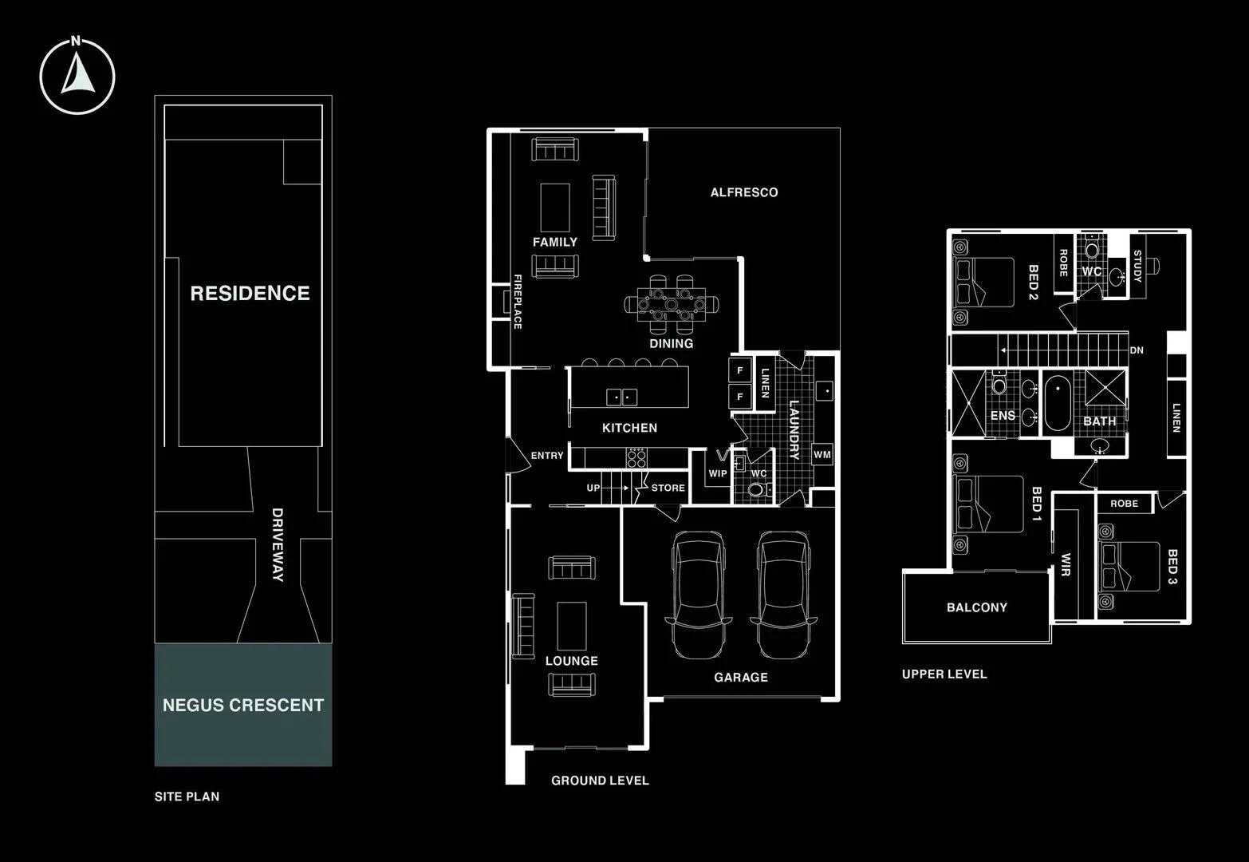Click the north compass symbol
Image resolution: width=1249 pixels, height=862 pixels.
(x=77, y=77)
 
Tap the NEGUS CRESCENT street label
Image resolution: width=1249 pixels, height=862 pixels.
(x=243, y=706)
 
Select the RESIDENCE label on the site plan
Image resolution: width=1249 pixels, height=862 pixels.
(x=250, y=294)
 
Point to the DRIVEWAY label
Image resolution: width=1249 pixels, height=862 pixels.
(x=278, y=544)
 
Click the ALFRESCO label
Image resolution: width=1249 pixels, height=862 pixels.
(x=744, y=192)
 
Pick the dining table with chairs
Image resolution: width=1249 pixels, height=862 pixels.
(x=672, y=304)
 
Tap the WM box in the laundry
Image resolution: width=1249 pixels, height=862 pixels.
(x=822, y=455)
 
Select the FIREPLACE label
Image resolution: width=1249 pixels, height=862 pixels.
(x=518, y=302)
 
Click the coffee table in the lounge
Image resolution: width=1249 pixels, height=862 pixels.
(x=571, y=625)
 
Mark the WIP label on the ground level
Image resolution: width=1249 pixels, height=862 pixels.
(x=718, y=473)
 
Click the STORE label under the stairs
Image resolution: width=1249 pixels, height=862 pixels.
(x=668, y=488)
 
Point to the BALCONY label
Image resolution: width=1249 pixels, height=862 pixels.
(x=977, y=607)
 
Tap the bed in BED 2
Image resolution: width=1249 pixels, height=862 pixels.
(x=984, y=282)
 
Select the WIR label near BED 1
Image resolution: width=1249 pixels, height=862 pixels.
(x=1066, y=564)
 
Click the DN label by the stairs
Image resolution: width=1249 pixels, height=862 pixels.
(x=1137, y=350)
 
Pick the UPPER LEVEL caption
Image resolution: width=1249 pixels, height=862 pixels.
(x=944, y=674)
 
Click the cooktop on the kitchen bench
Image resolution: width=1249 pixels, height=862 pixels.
(x=636, y=457)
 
